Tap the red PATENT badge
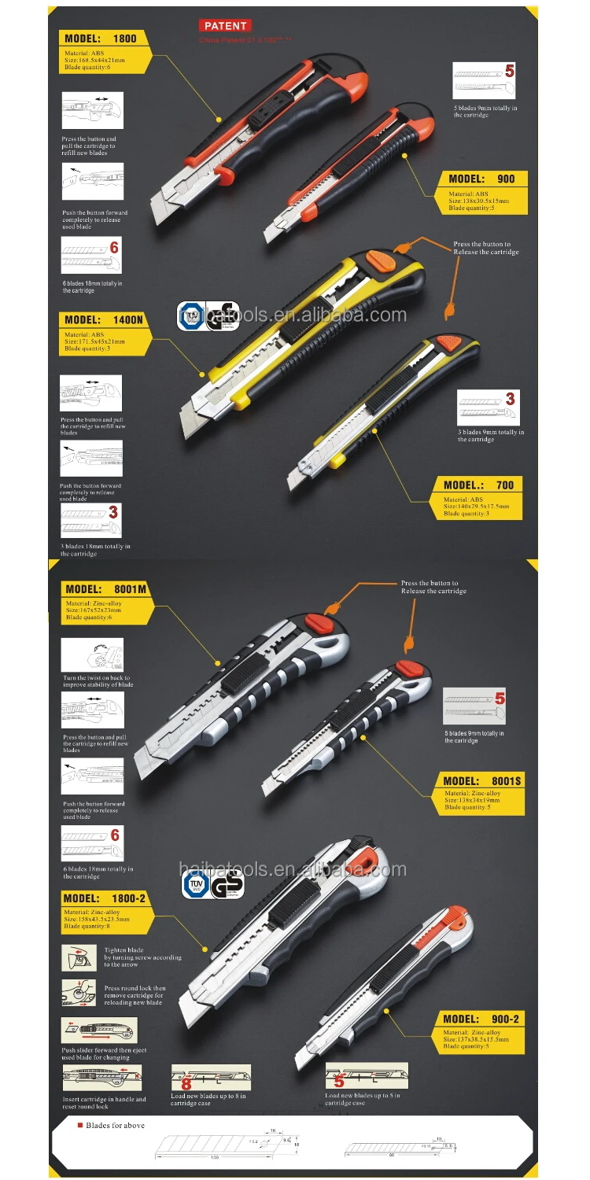(x=225, y=26)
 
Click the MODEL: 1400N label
(x=104, y=320)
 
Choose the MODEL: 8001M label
(x=106, y=588)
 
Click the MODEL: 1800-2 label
(x=104, y=898)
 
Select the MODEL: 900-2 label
(x=481, y=1020)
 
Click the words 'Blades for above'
(x=116, y=1126)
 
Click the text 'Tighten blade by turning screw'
(x=142, y=957)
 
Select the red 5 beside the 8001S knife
(x=499, y=698)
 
